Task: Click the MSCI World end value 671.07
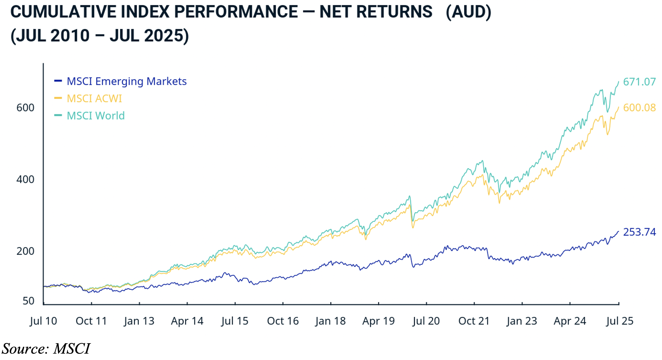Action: [x=639, y=82]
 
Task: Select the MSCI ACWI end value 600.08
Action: [x=639, y=108]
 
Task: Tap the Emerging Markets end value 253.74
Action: [x=639, y=232]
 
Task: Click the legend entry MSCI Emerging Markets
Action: [x=126, y=81]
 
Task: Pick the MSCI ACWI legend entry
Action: [x=94, y=99]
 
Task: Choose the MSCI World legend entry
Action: [x=96, y=116]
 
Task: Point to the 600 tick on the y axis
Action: [x=25, y=108]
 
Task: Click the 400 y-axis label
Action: [x=25, y=179]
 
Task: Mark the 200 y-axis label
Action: [x=25, y=251]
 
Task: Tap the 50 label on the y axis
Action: [x=28, y=301]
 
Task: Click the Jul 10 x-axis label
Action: [x=43, y=321]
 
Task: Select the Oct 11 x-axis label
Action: [x=91, y=321]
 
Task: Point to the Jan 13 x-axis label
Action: [x=139, y=321]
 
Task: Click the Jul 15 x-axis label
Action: [x=235, y=321]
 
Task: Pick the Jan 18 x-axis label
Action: [x=330, y=321]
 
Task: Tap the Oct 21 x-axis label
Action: [x=474, y=321]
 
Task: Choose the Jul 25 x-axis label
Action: [x=620, y=321]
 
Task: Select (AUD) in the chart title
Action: [x=468, y=12]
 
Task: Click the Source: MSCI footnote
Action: [x=46, y=349]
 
